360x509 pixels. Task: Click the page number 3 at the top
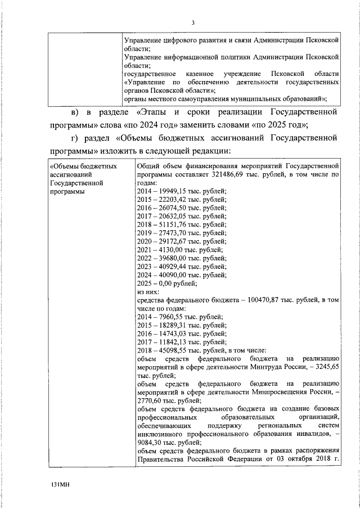click(x=192, y=22)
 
